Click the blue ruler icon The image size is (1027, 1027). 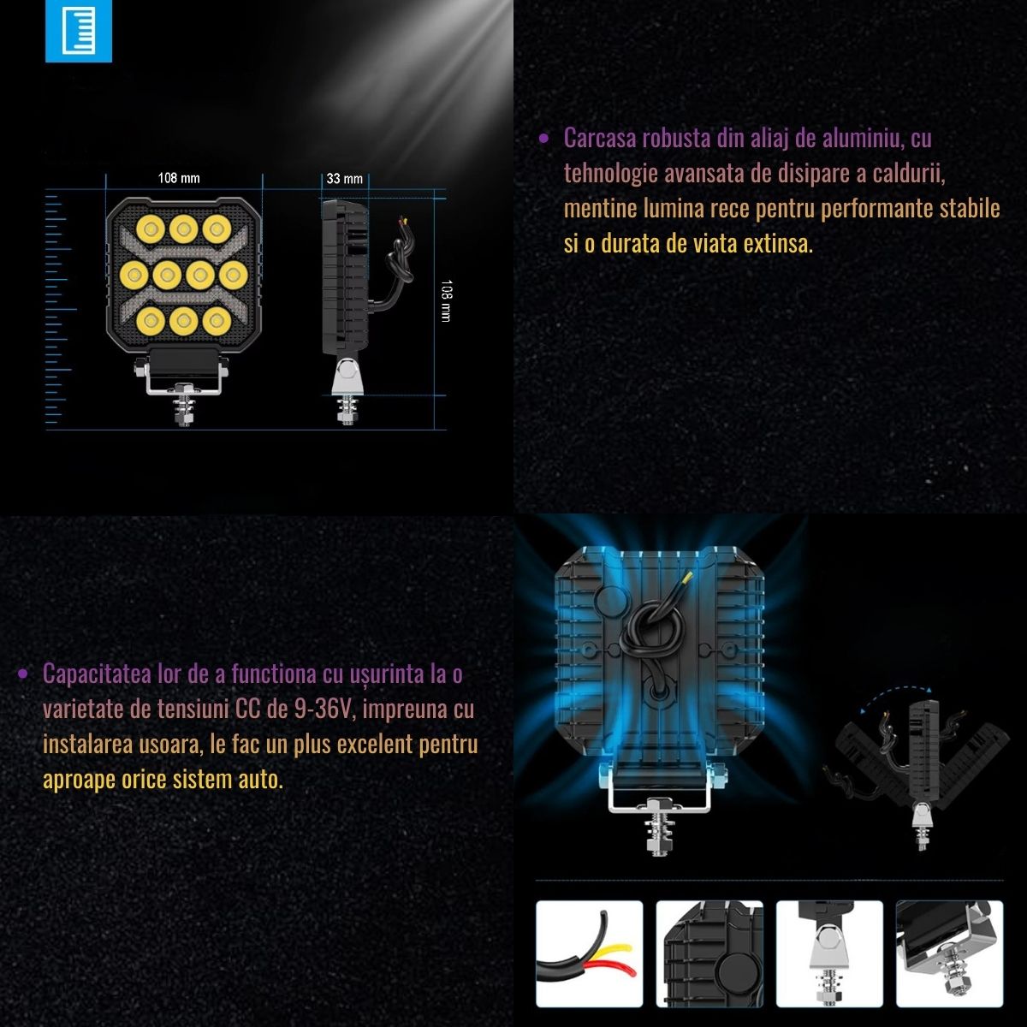(79, 30)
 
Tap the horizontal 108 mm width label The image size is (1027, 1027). (179, 178)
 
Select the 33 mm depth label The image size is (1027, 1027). (344, 179)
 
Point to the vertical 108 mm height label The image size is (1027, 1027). (447, 300)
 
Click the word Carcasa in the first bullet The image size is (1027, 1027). (600, 139)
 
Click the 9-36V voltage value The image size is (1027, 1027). (324, 709)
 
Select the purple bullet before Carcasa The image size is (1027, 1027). (543, 140)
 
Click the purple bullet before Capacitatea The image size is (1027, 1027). (22, 674)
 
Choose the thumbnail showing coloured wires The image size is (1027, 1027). (589, 953)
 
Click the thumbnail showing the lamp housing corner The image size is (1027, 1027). (709, 953)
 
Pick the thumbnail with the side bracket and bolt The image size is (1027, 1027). (829, 953)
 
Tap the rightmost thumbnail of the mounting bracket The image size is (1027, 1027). (950, 953)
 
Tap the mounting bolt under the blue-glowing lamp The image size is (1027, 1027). (659, 826)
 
